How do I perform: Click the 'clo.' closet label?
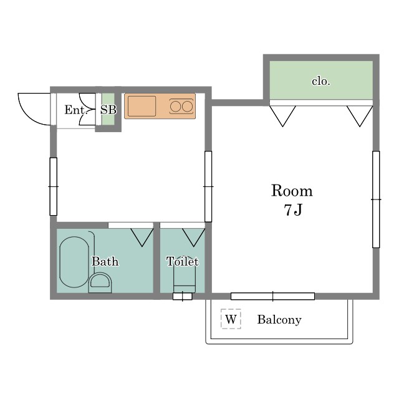321,81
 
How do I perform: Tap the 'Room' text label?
292,190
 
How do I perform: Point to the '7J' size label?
293,210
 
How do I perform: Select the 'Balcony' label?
279,320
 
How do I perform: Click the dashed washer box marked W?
231,319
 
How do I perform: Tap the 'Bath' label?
105,261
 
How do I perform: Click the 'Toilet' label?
183,261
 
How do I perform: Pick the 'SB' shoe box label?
108,110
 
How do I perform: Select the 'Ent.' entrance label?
76,110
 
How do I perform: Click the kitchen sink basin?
142,106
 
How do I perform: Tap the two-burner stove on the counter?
181,106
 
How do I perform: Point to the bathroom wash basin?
100,282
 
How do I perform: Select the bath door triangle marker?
142,238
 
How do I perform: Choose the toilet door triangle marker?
194,238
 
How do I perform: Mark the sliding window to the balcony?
273,296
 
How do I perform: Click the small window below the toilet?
183,296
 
